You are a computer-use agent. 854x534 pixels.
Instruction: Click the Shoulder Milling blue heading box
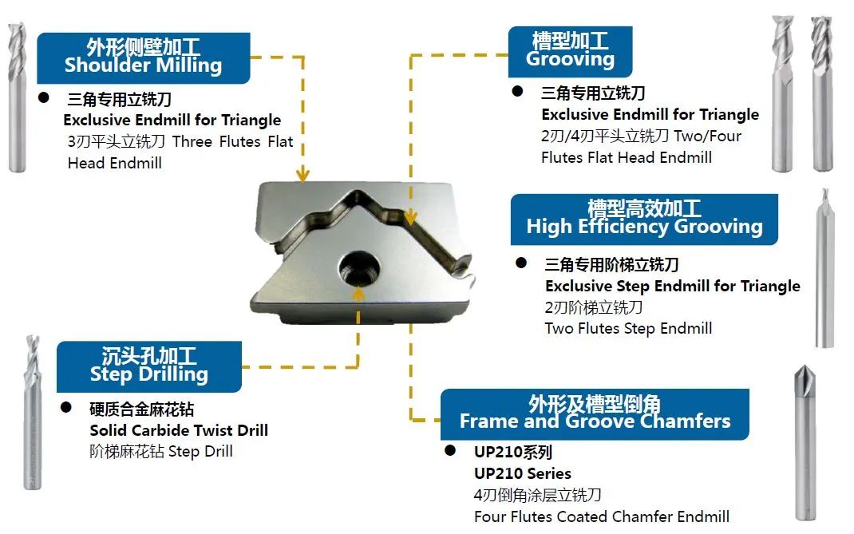coord(144,57)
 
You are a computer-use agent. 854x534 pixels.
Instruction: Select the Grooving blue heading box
coord(570,51)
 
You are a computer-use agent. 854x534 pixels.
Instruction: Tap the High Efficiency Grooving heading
coord(643,219)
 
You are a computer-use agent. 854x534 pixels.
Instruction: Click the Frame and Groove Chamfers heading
coord(595,413)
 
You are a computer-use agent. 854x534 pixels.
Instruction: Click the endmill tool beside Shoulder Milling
coord(17,96)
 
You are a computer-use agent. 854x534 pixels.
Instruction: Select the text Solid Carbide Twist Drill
coord(179,430)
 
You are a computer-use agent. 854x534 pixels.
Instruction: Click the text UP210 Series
coord(523,473)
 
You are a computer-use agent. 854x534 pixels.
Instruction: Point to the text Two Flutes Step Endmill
coord(628,328)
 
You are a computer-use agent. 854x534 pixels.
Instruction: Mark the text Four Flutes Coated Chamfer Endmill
coord(601,516)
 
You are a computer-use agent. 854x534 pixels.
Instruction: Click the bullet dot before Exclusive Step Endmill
coord(521,263)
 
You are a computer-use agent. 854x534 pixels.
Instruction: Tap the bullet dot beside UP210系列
coord(449,451)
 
